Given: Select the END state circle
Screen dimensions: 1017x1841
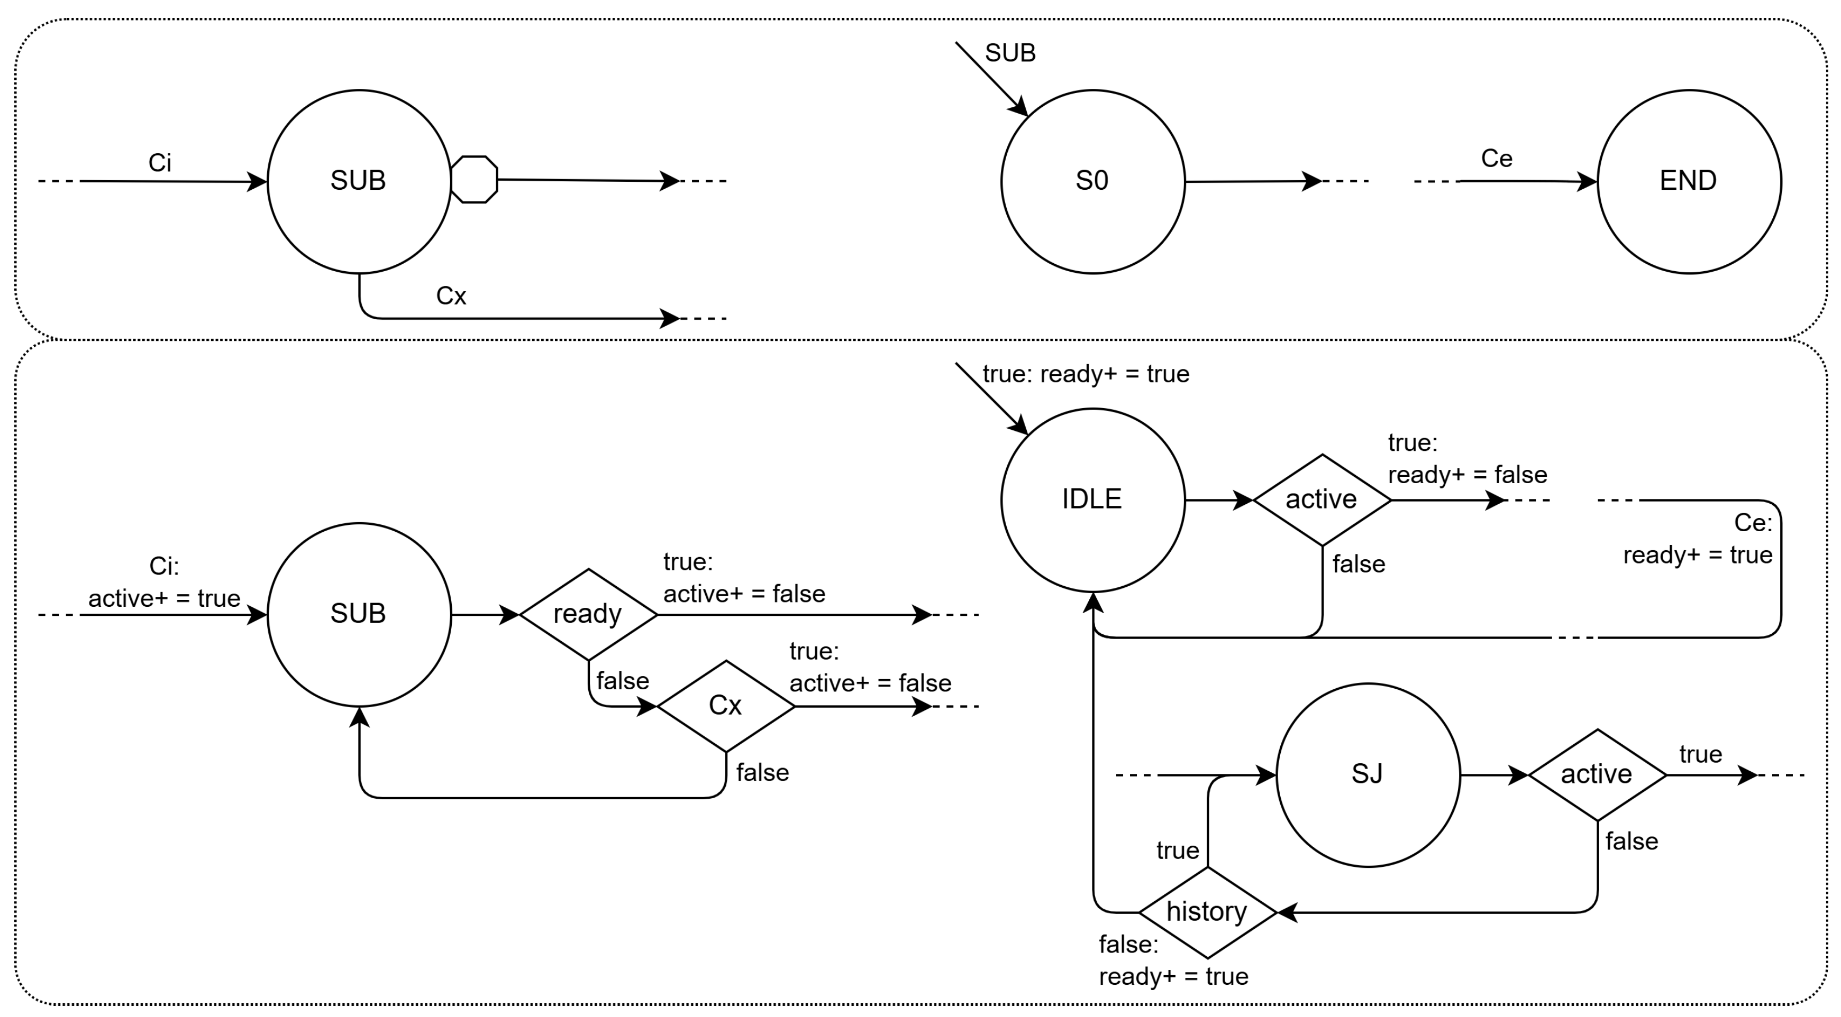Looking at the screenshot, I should coord(1688,181).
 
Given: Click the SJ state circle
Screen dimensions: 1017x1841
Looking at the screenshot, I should coord(1367,774).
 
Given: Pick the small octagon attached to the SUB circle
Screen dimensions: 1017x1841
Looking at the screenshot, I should coord(474,180).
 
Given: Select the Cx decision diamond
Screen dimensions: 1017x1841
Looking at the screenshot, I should coord(725,706).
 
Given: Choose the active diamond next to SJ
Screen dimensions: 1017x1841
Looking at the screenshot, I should coord(1597,774).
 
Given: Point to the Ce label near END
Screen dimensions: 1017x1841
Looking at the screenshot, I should coord(1496,159).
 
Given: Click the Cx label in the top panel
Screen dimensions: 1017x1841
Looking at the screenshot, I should coord(451,295).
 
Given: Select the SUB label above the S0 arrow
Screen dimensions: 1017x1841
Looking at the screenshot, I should coord(1010,53).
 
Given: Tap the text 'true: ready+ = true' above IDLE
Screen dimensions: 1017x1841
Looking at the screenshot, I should coord(1086,374).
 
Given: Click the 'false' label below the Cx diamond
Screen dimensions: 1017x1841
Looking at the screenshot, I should coord(762,773).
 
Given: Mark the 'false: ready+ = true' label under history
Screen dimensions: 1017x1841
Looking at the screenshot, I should coord(1172,960).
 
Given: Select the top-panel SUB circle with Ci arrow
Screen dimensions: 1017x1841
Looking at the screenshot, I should coord(359,181).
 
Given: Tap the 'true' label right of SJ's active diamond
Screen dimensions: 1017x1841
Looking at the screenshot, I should coord(1700,754).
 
